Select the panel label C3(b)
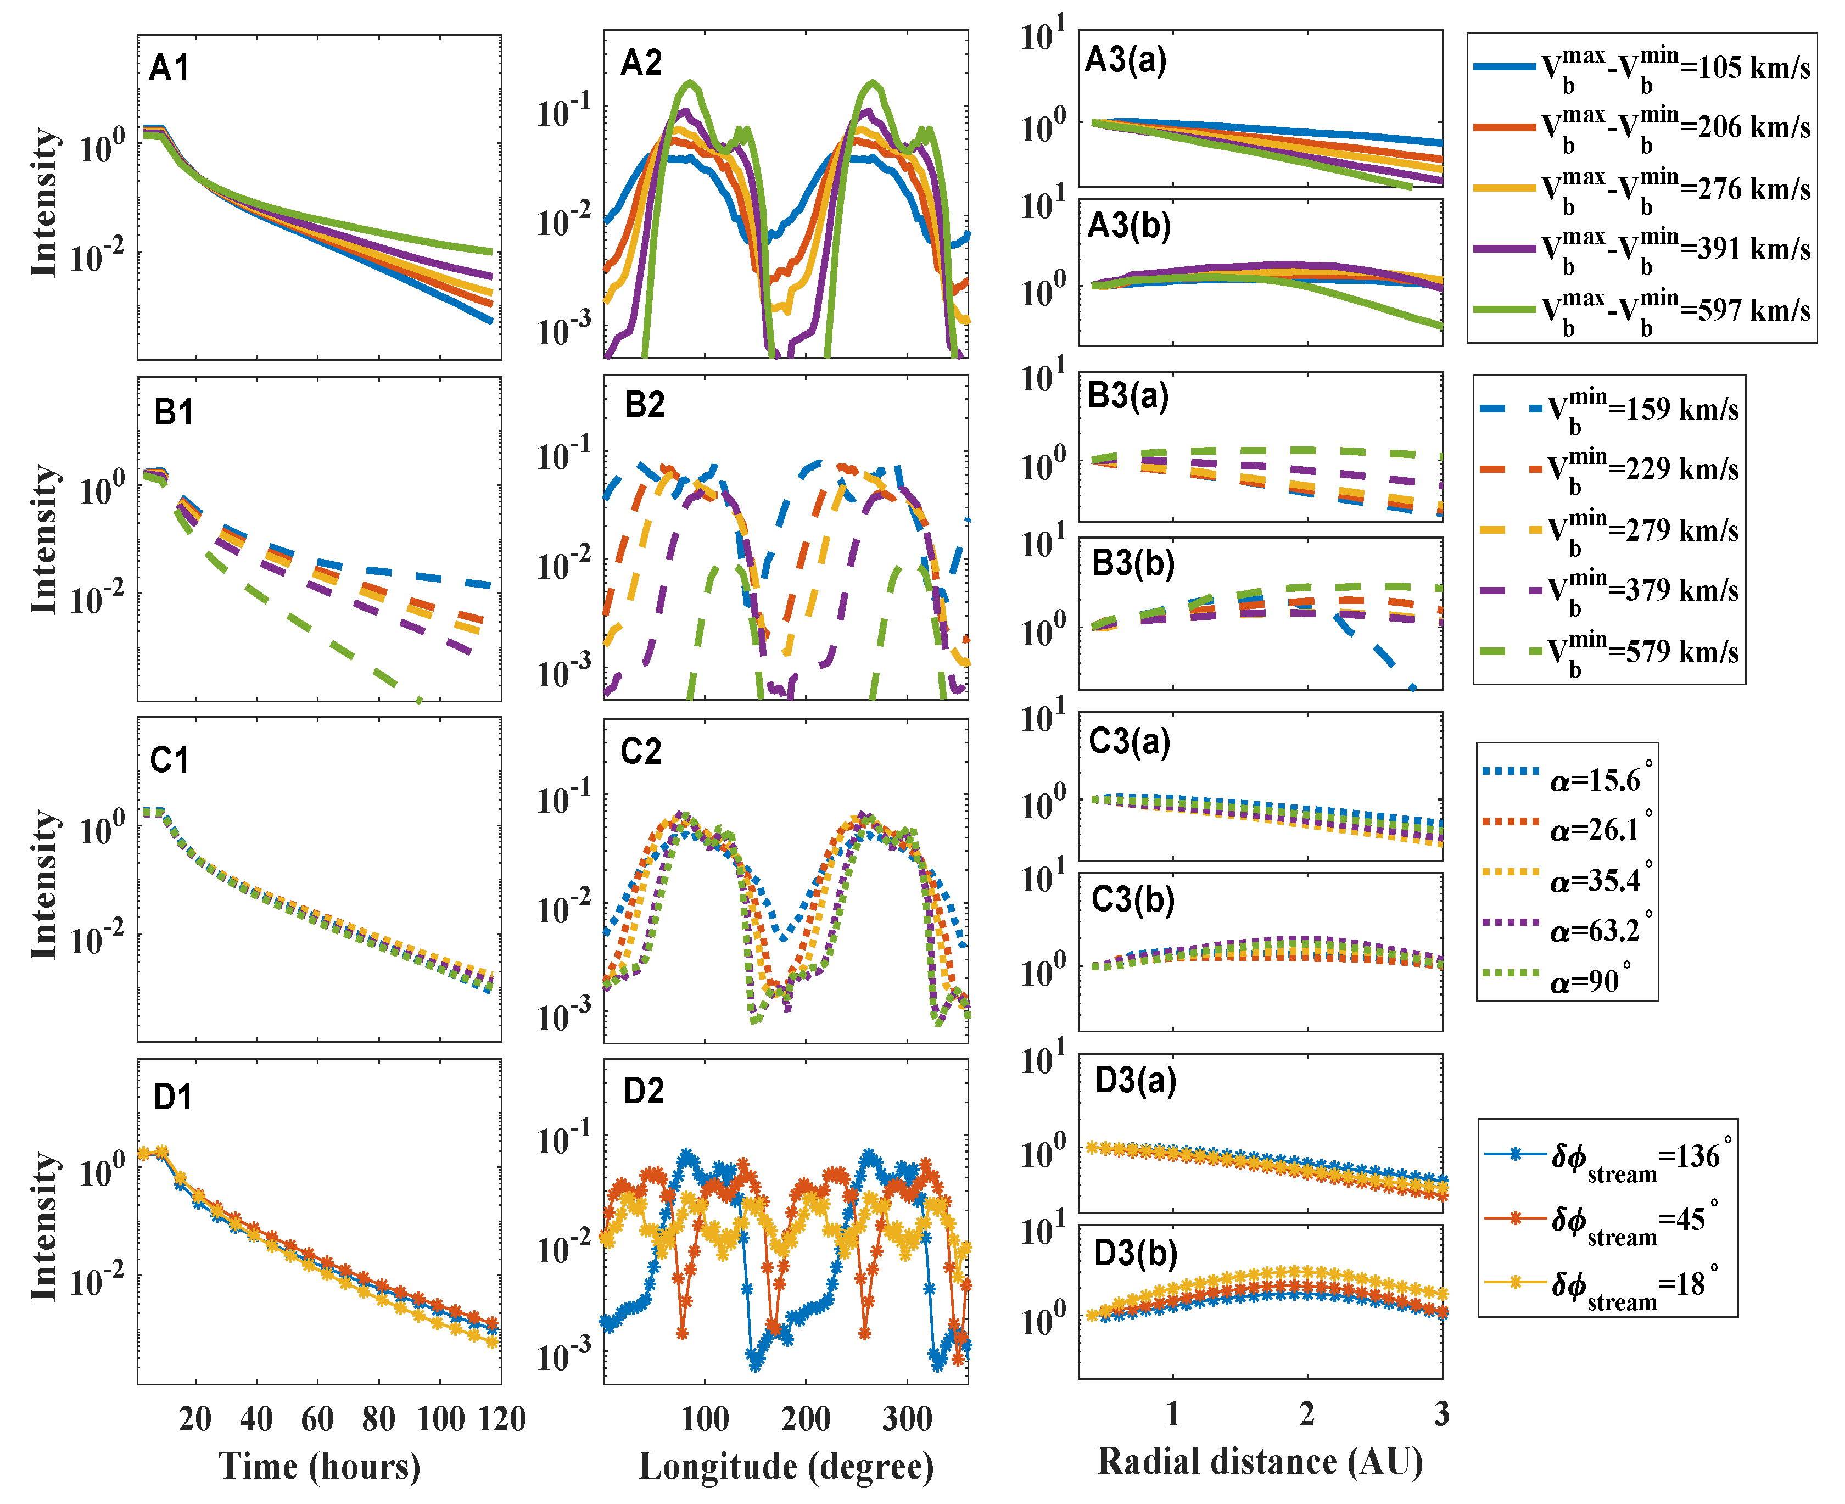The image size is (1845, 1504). coord(1132,899)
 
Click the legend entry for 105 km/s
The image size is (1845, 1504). coord(1641,68)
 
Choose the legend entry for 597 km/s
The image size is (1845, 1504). coord(1641,311)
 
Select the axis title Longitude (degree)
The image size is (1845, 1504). coord(786,1466)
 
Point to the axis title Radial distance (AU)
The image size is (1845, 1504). coord(1260,1462)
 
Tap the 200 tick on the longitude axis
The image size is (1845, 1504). coord(806,1419)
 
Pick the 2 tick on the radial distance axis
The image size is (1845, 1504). coord(1306,1414)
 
